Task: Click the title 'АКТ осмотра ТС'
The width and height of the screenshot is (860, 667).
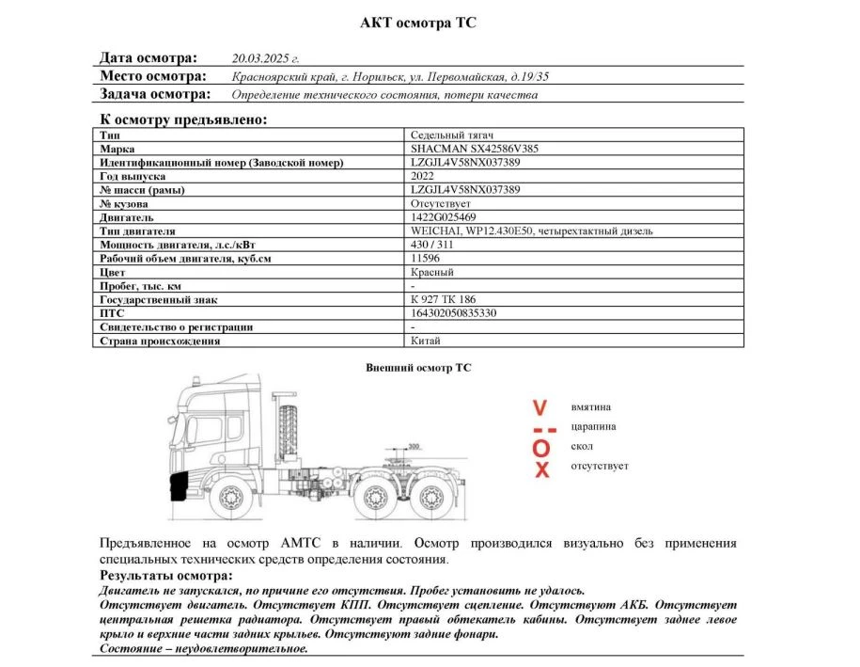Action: pos(418,23)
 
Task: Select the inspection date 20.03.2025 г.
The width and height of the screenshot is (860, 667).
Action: pos(265,58)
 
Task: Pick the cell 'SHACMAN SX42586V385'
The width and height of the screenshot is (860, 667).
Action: pos(475,149)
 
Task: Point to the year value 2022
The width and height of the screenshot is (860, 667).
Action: pos(423,176)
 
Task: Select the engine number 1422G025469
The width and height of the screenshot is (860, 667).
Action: pos(444,217)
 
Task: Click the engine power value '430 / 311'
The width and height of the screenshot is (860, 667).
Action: pos(432,245)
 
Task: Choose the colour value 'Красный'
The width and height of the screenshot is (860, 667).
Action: pos(432,272)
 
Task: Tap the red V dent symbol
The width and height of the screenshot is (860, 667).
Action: pos(539,408)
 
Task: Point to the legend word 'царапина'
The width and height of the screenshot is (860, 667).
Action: pos(593,426)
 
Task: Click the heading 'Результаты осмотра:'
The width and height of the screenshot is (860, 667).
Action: pos(165,575)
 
